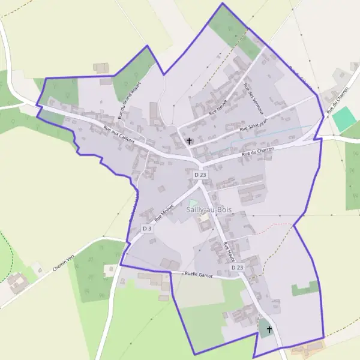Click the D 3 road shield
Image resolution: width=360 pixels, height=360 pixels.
point(148,229)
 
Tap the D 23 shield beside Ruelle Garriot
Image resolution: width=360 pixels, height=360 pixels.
point(237,268)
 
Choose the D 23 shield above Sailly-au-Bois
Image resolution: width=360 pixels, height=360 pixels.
point(200,175)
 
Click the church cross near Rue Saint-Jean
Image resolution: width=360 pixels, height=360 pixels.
point(190,142)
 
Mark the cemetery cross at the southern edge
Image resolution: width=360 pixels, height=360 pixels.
point(269,329)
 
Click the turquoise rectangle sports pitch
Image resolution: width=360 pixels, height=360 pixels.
point(344,119)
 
